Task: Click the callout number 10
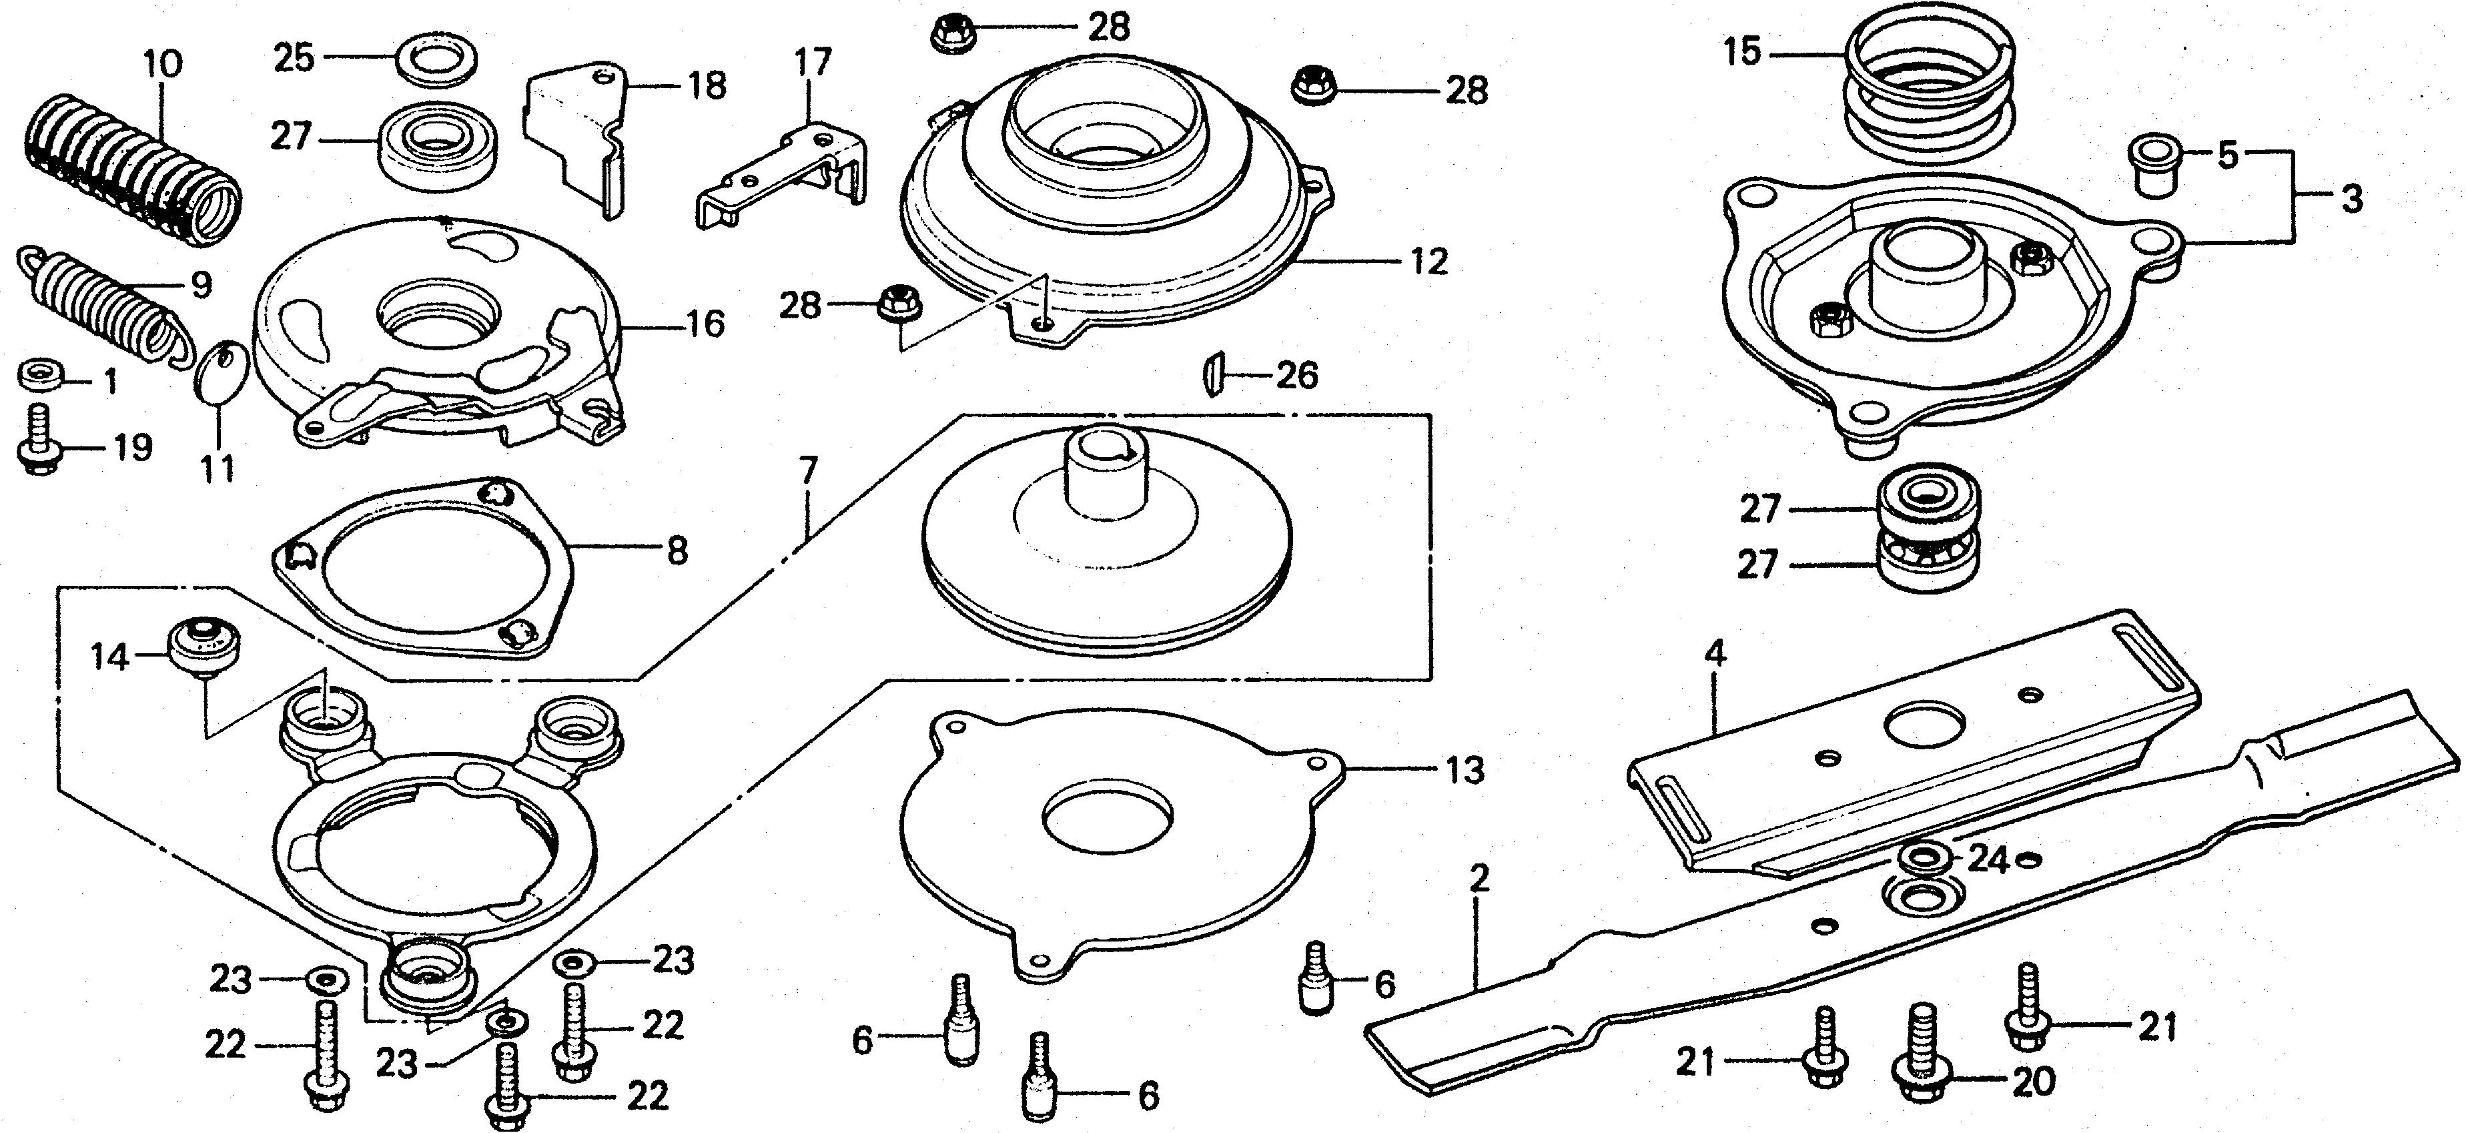[162, 65]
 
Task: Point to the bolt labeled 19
[38, 445]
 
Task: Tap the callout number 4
[1715, 655]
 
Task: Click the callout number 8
[677, 551]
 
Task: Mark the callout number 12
[1429, 262]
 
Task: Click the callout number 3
[2352, 200]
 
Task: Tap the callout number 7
[808, 470]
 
